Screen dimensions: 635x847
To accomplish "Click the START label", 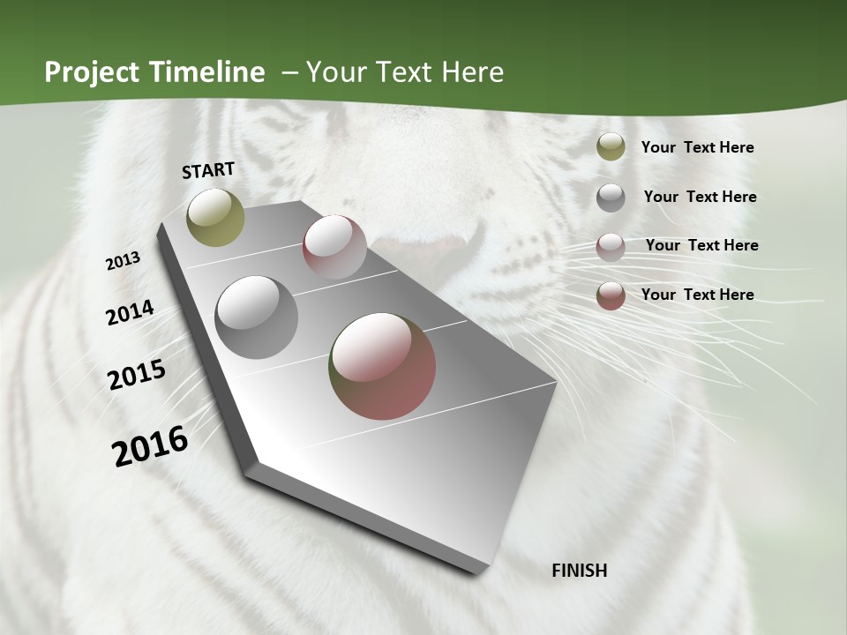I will pos(208,170).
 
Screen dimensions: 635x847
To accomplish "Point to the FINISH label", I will pos(580,571).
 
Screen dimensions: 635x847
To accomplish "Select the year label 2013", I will pos(124,261).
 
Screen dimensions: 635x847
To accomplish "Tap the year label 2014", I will pos(130,312).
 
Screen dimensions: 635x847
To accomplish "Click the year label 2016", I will pos(150,446).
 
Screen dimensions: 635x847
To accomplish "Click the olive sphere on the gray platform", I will pos(215,217).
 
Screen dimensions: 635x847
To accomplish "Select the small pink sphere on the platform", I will pos(334,247).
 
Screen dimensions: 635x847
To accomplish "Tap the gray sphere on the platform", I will pos(256,317).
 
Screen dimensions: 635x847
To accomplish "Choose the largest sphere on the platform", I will pos(382,366).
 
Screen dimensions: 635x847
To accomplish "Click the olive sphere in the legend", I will pos(611,146).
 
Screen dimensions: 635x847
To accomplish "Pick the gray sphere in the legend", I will pos(611,198).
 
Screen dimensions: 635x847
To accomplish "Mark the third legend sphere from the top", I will pos(611,247).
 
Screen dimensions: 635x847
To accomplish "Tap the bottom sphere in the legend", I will pos(611,295).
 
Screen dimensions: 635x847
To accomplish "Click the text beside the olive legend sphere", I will pos(697,147).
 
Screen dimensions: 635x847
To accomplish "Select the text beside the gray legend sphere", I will pos(700,197).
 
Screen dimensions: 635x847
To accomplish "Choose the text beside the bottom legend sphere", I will pos(697,295).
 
